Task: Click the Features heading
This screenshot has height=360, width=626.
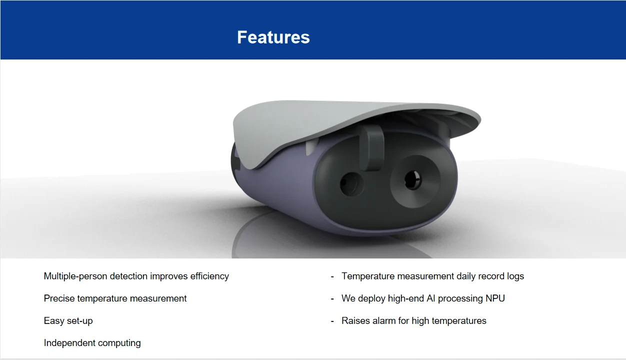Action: [x=273, y=37]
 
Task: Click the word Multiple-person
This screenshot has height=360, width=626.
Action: [x=75, y=276]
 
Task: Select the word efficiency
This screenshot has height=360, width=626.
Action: [x=209, y=276]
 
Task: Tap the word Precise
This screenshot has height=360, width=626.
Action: [x=59, y=298]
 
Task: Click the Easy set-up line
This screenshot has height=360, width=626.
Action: [x=68, y=320]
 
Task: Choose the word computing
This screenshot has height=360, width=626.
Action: [x=119, y=343]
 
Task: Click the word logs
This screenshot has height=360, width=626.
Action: [x=515, y=276]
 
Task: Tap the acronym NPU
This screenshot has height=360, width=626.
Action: [x=495, y=298]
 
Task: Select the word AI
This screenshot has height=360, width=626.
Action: [x=431, y=298]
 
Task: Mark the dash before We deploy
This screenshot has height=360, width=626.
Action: [x=332, y=299]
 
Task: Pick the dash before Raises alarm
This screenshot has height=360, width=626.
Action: [x=332, y=321]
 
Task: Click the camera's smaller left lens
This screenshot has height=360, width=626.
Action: [x=351, y=184]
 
